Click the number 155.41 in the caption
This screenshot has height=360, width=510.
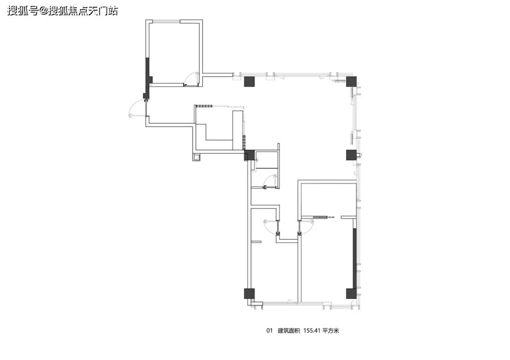pyautogui.click(x=312, y=331)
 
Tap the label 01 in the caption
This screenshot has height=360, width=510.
pyautogui.click(x=269, y=331)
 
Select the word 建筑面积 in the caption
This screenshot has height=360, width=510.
pyautogui.click(x=289, y=331)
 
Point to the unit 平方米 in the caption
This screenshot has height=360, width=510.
pyautogui.click(x=331, y=331)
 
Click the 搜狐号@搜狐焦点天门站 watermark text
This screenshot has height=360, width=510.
pyautogui.click(x=62, y=11)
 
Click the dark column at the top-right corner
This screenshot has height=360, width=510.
pyautogui.click(x=351, y=81)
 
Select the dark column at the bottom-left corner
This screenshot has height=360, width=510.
pyautogui.click(x=249, y=293)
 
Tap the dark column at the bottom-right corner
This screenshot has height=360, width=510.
pyautogui.click(x=351, y=293)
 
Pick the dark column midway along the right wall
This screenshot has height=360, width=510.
pyautogui.click(x=351, y=155)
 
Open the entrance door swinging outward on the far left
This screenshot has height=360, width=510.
pyautogui.click(x=136, y=109)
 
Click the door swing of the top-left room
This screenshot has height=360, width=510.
pyautogui.click(x=190, y=78)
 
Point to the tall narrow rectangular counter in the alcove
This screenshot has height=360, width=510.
pyautogui.click(x=238, y=130)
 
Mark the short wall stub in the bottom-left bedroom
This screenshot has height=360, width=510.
pyautogui.click(x=256, y=242)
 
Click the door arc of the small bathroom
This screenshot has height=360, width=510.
pyautogui.click(x=270, y=181)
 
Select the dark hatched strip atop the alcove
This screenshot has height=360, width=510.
pyautogui.click(x=204, y=106)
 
